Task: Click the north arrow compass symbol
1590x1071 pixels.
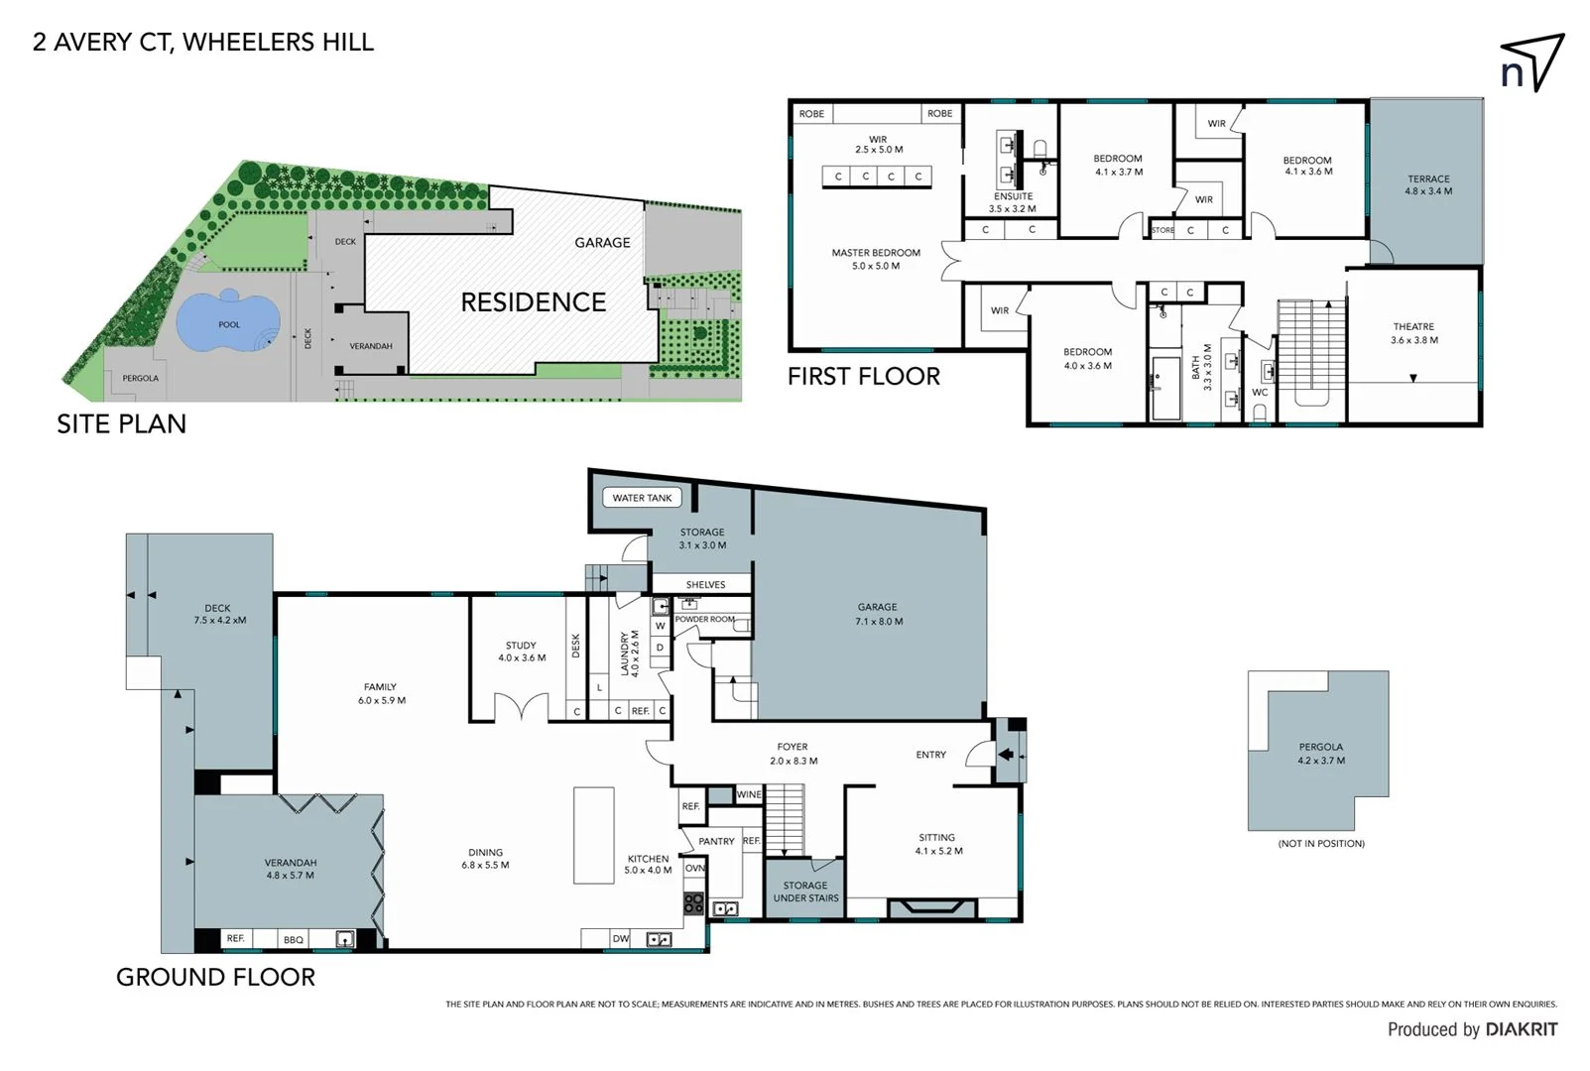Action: [x=1531, y=63]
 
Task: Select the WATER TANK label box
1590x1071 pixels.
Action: [x=642, y=498]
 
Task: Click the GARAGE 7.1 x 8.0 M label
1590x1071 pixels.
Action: [x=878, y=614]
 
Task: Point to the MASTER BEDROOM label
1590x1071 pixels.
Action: [x=876, y=259]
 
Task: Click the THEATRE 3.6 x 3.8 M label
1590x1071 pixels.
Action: [x=1413, y=333]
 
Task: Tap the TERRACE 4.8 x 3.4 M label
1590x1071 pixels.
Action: [x=1428, y=185]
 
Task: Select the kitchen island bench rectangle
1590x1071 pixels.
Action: [x=594, y=835]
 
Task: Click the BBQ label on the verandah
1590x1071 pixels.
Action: [x=294, y=940]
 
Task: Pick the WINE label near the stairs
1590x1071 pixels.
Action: [x=749, y=794]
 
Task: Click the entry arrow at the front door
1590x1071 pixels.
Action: [x=1006, y=755]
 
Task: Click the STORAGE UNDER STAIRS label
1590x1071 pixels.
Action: [x=805, y=892]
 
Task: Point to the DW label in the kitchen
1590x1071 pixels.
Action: [x=620, y=938]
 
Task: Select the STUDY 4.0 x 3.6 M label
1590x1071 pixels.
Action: [x=521, y=652]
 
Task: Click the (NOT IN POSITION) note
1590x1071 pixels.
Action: [x=1321, y=844]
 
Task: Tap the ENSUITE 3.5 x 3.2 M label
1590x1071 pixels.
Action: [x=1013, y=202]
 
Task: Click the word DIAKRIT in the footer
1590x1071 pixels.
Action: [x=1522, y=1030]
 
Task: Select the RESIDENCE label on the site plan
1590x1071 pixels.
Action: [x=533, y=302]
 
